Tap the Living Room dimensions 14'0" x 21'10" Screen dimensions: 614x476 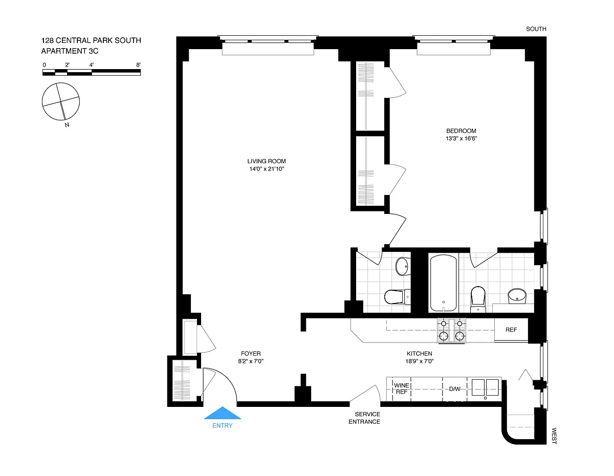[267, 169]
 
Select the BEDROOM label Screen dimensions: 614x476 [461, 131]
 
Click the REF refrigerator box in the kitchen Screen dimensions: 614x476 [511, 330]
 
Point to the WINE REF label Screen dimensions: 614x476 [402, 388]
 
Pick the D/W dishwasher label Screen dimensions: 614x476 [455, 389]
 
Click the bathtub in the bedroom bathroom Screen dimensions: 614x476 [443, 283]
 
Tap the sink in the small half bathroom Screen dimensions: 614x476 [402, 266]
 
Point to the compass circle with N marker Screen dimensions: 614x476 [61, 101]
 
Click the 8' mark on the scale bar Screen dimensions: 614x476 [138, 65]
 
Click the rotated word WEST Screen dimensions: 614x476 [554, 436]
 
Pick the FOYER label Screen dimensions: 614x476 [251, 354]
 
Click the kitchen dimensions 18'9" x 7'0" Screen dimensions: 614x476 [420, 361]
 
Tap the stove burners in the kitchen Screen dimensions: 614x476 [451, 331]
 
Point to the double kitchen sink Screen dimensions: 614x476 [485, 387]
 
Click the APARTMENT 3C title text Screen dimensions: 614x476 [70, 51]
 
